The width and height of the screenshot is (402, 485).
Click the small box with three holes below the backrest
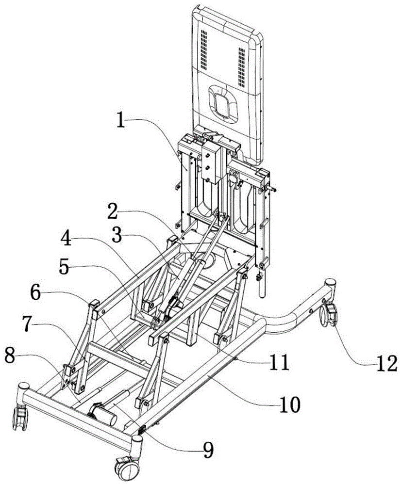[208, 163]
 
